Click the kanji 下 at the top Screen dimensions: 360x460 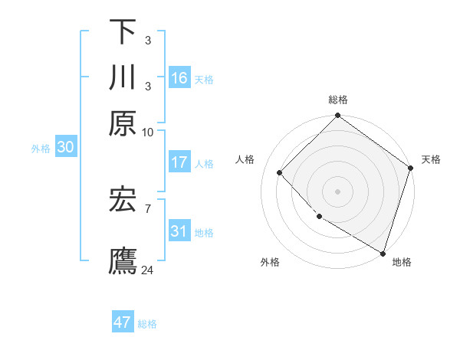[123, 31]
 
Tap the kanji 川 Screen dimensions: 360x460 [123, 77]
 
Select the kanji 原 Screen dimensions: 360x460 [123, 123]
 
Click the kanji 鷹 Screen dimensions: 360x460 [123, 260]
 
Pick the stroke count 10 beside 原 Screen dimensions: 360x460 [148, 132]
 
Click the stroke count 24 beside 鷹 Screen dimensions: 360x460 [148, 270]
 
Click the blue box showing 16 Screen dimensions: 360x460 [179, 77]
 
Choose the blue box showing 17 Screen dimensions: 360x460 [179, 162]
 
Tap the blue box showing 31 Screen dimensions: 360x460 [179, 231]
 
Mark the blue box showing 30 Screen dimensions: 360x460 [65, 148]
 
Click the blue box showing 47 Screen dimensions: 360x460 [123, 322]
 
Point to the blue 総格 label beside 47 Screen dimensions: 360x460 [147, 324]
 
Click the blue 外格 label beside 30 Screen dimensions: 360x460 [41, 149]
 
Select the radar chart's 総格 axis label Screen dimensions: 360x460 [337, 100]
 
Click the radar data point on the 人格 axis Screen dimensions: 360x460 [280, 173]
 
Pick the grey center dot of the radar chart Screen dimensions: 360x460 [337, 191]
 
